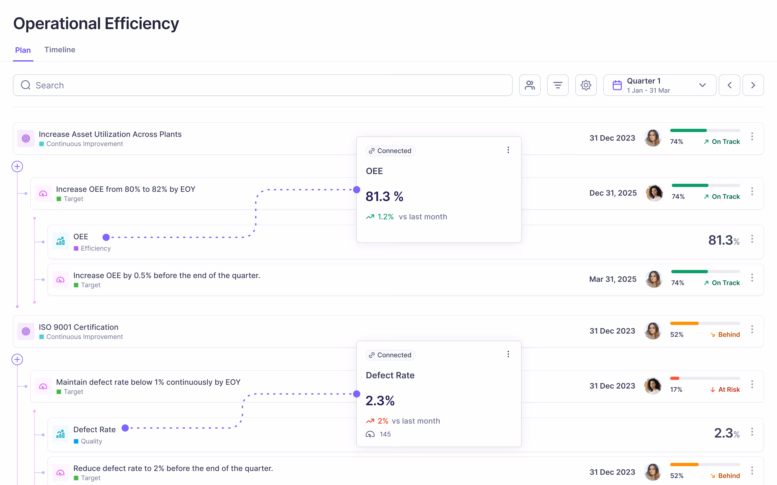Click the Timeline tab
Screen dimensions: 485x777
click(x=60, y=50)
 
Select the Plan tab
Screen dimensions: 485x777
click(x=23, y=50)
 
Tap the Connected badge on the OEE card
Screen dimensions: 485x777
click(x=390, y=151)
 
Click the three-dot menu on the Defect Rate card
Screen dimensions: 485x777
click(x=508, y=354)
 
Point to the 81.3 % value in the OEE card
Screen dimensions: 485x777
click(x=384, y=196)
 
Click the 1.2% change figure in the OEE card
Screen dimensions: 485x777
click(x=385, y=217)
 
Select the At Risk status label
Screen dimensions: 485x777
click(x=729, y=389)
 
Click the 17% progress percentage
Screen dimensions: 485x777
click(x=676, y=389)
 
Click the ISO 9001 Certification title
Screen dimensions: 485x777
click(x=79, y=327)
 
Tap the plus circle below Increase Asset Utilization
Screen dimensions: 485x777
click(x=17, y=167)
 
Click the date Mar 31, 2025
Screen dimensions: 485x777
click(x=613, y=279)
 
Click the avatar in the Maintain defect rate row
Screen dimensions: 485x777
click(x=653, y=386)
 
